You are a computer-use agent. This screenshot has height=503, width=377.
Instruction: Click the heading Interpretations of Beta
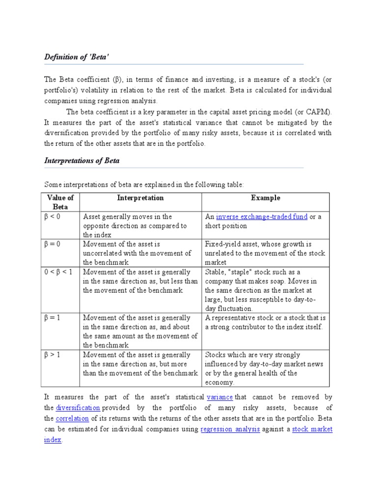coord(82,161)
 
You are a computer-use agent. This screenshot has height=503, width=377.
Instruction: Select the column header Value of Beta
coord(60,202)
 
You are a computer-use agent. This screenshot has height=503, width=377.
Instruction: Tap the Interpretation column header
coord(140,197)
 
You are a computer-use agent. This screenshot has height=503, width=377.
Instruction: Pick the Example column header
coord(266,197)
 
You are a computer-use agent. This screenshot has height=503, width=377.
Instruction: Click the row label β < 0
coord(54,216)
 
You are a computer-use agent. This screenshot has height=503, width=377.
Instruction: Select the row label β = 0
coord(54,244)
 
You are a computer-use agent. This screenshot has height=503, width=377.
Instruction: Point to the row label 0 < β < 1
coord(58,272)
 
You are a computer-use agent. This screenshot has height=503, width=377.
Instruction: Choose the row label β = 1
coord(54,318)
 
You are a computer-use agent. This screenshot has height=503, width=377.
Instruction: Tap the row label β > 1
coord(54,355)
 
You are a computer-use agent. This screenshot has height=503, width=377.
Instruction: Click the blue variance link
coord(219,397)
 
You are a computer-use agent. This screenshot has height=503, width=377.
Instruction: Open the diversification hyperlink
coord(78,408)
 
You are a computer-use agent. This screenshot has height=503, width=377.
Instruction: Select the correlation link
coord(72,419)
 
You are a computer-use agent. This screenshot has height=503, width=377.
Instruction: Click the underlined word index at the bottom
coord(53,440)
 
